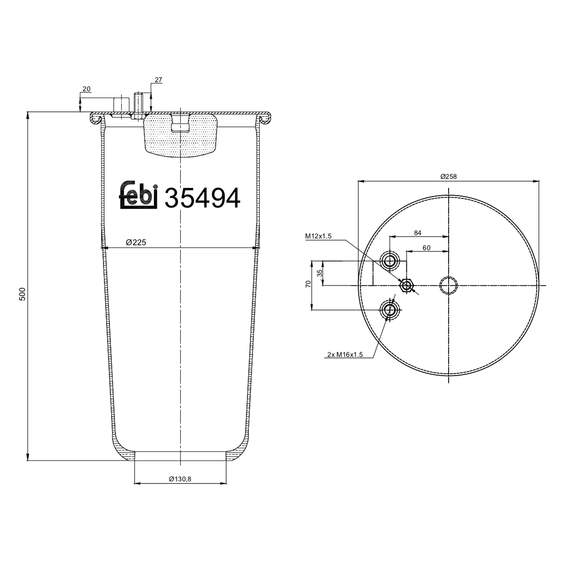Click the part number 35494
[x=202, y=198]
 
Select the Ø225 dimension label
[x=136, y=242]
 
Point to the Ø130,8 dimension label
[x=180, y=479]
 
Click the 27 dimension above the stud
[x=158, y=80]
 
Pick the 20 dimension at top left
[x=86, y=89]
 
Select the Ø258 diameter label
[x=449, y=176]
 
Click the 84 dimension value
[x=417, y=233]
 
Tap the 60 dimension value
[x=426, y=248]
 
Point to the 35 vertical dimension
[x=319, y=273]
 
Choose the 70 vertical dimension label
[x=308, y=284]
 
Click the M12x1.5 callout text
[x=318, y=236]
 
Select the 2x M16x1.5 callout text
[x=345, y=354]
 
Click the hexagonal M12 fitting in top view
[x=406, y=286]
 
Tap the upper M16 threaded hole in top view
[x=390, y=260]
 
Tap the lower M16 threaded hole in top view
[x=390, y=310]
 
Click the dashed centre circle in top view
[x=449, y=286]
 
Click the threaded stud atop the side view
[x=138, y=105]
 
